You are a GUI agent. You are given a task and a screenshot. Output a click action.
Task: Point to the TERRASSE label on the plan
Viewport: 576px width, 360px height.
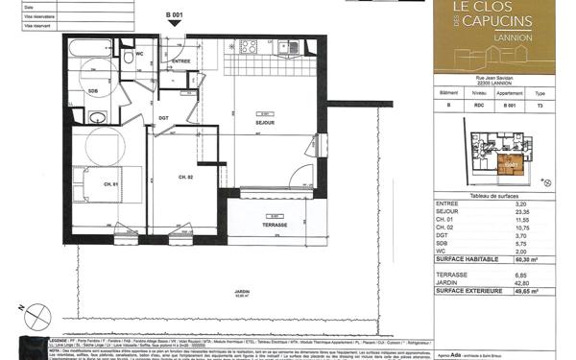click(276, 225)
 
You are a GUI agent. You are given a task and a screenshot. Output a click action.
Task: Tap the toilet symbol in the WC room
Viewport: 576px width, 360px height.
click(128, 59)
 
